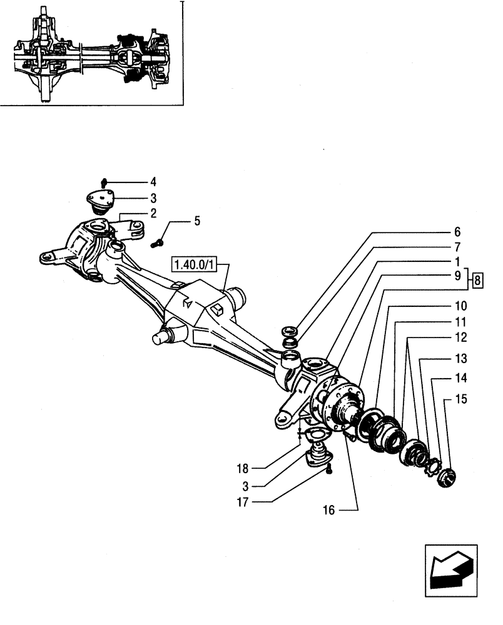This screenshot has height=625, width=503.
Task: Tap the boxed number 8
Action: click(x=477, y=279)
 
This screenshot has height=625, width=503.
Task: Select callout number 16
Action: click(x=329, y=511)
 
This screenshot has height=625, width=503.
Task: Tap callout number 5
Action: click(x=197, y=221)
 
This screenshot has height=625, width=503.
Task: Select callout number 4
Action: click(x=152, y=182)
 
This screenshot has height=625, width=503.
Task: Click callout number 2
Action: click(x=152, y=213)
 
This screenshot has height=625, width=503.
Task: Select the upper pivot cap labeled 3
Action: click(x=100, y=200)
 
